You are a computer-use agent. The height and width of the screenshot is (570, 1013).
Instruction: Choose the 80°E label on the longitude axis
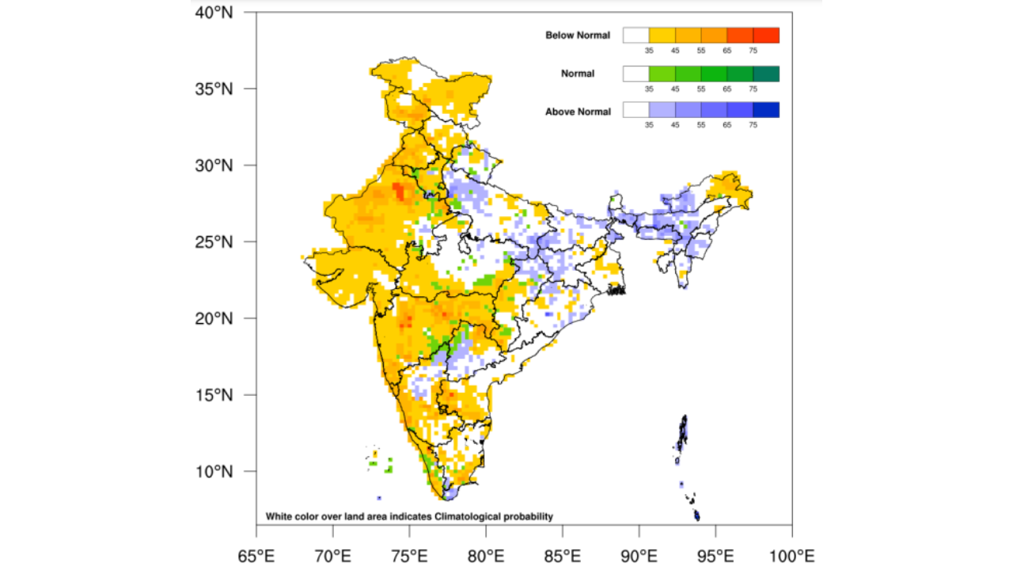(x=485, y=556)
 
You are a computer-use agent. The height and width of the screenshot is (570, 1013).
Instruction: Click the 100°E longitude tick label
(x=791, y=556)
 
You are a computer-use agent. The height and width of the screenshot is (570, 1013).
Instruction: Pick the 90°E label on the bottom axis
(x=639, y=556)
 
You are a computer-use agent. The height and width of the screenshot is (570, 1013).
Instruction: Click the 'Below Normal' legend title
(x=578, y=36)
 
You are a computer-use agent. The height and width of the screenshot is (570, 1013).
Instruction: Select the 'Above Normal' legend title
(x=578, y=112)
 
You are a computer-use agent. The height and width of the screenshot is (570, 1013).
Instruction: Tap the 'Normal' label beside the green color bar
(x=578, y=74)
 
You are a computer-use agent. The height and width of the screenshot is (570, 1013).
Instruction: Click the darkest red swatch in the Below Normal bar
(x=766, y=35)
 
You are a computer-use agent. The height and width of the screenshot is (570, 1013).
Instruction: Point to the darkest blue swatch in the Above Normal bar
(x=766, y=110)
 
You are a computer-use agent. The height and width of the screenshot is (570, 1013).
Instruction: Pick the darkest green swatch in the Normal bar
(x=766, y=74)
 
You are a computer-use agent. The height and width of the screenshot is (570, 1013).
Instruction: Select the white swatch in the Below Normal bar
(x=635, y=35)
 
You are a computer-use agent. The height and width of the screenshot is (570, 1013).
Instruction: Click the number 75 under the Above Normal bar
(x=753, y=125)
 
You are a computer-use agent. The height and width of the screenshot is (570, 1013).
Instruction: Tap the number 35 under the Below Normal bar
(x=649, y=50)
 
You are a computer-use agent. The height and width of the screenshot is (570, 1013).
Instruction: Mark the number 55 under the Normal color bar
(x=701, y=89)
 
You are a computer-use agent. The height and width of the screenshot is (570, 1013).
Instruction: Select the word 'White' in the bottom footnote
(x=278, y=517)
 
